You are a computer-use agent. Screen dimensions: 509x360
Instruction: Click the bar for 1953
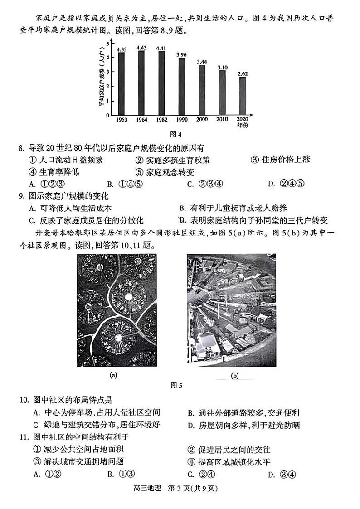pyautogui.click(x=121, y=83)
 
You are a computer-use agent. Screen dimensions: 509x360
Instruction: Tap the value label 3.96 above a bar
pyautogui.click(x=182, y=55)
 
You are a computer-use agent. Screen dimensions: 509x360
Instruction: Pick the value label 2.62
pyautogui.click(x=243, y=73)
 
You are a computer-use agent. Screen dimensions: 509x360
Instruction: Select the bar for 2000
pyautogui.click(x=202, y=90)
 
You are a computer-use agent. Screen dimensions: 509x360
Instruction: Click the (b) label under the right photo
pyautogui.click(x=235, y=376)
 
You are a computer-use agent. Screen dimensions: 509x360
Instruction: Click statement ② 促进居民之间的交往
pyautogui.click(x=229, y=450)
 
